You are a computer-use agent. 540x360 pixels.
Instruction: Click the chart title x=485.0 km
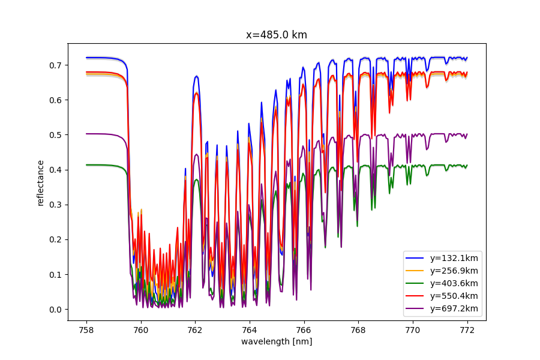click(x=277, y=35)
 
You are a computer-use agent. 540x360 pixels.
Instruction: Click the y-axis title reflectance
click(x=41, y=183)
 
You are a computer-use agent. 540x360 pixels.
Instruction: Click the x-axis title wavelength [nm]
click(x=277, y=341)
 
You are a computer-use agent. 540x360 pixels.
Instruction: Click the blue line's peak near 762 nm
click(x=196, y=76)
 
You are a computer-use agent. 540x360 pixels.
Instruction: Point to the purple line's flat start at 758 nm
click(x=88, y=134)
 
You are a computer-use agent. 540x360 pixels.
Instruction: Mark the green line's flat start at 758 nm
click(x=88, y=165)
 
